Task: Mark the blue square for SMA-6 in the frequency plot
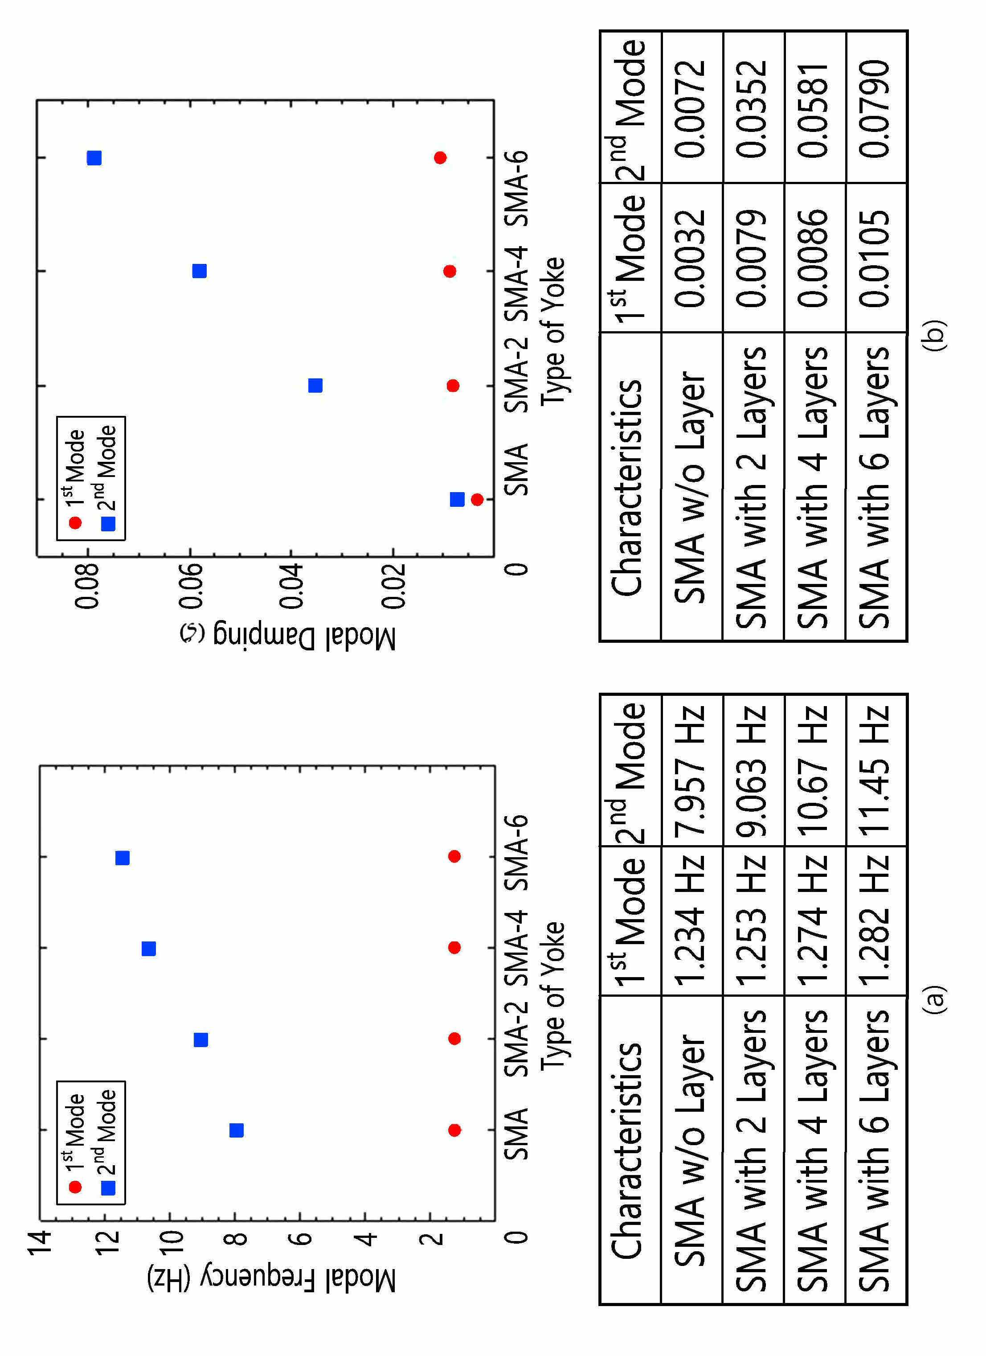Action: pos(123,859)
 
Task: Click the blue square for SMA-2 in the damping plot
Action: pos(315,386)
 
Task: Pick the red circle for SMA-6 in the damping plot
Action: pos(440,158)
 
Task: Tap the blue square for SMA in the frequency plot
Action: pos(237,1130)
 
